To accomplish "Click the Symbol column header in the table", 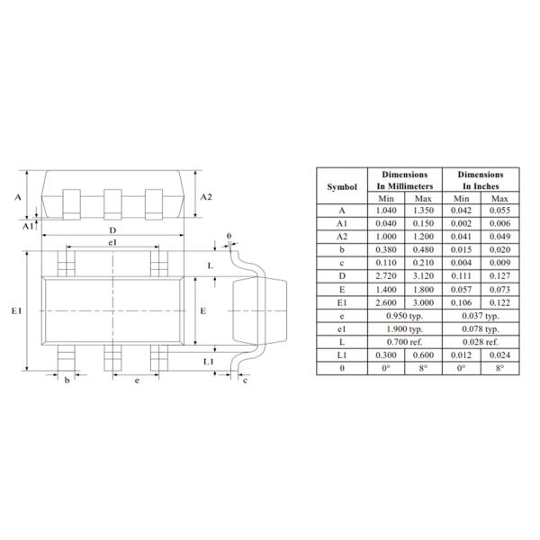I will [x=341, y=186].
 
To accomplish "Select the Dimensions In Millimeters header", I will [x=404, y=180].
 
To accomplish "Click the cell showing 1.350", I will [x=423, y=211].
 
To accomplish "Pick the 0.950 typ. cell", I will [x=404, y=316].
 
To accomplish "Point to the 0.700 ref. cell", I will [x=404, y=342].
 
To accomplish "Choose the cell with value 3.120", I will [x=423, y=276].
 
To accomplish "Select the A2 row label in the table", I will [x=341, y=238].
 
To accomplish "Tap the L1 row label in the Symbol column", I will [x=341, y=355].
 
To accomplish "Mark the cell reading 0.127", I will [x=499, y=276].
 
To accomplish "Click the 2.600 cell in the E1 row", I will [x=386, y=302].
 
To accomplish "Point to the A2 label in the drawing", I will [x=206, y=196].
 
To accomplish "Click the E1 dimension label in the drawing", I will [x=16, y=310].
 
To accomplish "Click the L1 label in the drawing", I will [x=208, y=361].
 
